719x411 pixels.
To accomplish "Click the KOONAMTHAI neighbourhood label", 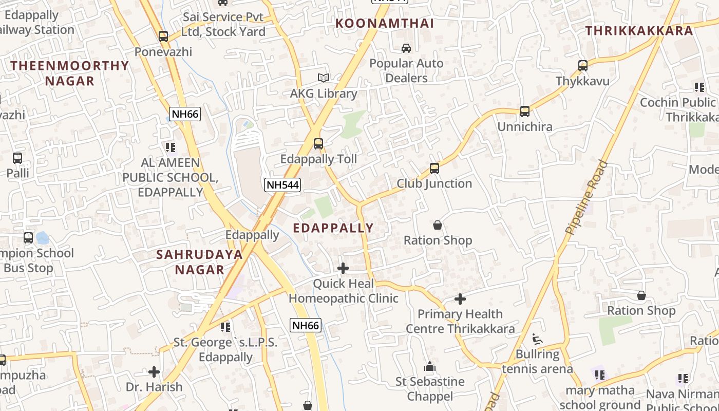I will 385,23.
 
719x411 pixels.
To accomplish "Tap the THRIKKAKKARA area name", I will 639,31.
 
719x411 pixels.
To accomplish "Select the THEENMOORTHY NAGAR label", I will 70,73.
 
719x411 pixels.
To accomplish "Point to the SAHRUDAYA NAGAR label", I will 199,262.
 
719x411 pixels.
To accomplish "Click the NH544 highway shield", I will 282,185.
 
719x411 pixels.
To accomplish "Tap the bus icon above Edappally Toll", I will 318,144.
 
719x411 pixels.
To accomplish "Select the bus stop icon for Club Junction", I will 434,169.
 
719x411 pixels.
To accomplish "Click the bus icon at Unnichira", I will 524,111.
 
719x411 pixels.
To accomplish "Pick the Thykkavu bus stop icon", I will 583,66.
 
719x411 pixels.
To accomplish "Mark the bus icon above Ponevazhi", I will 163,36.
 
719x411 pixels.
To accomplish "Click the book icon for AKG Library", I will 323,78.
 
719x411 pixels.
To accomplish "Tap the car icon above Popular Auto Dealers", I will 406,48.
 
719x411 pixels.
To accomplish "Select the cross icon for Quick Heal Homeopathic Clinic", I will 343,268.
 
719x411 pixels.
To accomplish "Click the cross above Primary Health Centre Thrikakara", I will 460,299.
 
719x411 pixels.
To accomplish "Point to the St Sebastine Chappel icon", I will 430,366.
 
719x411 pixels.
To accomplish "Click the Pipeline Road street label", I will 586,198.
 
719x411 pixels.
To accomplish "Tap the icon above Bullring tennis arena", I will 537,339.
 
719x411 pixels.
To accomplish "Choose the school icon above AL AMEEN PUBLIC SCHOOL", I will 171,148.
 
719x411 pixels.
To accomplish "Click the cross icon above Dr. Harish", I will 154,372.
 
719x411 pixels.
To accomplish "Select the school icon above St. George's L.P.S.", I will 225,327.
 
